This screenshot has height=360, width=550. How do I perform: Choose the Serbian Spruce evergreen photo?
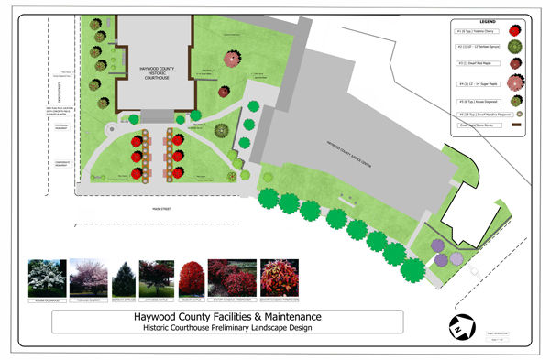coord(124,278)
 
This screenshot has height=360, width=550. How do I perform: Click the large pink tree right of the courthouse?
coord(232,60)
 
